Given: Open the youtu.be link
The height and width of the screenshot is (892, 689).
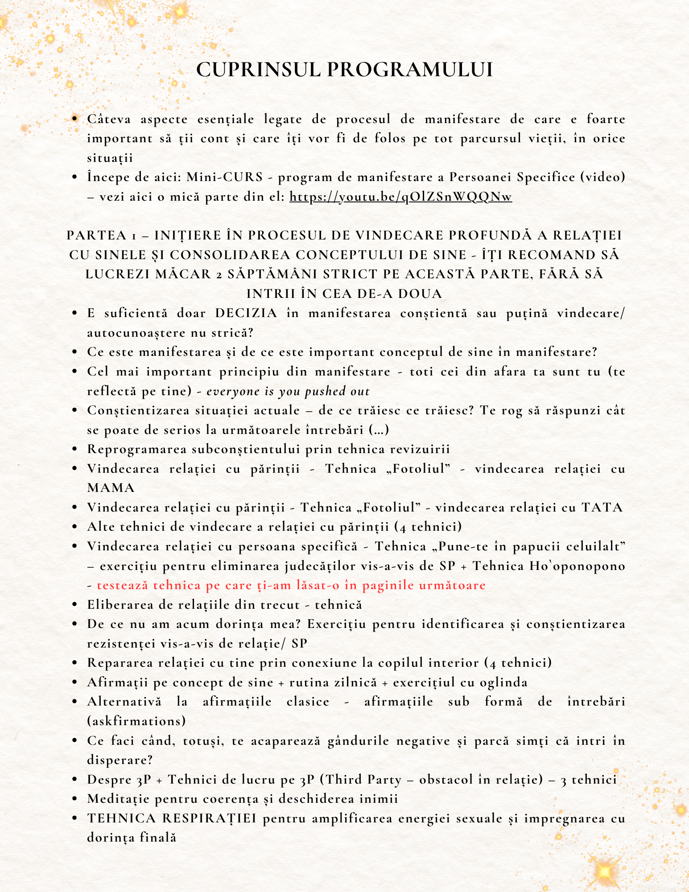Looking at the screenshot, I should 400,197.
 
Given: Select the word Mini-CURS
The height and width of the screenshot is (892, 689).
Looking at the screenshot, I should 224,177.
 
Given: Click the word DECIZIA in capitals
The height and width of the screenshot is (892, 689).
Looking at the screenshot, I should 246,313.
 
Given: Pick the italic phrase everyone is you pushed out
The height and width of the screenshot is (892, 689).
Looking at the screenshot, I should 288,391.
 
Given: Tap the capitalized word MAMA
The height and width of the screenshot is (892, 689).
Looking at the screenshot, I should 111,487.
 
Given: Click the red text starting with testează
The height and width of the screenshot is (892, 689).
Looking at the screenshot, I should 291,585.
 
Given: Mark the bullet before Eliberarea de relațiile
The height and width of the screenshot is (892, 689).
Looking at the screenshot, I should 75,605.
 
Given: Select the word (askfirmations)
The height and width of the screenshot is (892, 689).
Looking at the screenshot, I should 136,721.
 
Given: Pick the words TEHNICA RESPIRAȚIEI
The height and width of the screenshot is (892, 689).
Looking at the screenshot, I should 172,818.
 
